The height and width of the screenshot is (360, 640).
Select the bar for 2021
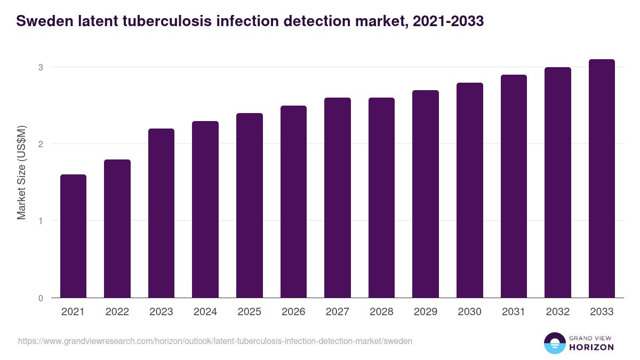coord(73,236)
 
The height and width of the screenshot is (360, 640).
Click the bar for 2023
coord(161,213)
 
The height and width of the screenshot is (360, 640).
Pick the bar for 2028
coord(381,198)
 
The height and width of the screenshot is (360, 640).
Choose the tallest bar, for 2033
coord(602,179)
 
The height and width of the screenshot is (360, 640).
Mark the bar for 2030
coord(469,190)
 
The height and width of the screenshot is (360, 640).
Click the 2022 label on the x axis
coord(117,312)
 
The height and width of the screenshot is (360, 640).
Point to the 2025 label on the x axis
coord(249,312)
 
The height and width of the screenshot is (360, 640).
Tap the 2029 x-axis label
coord(426,312)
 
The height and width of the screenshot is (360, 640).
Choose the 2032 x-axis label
coord(557,312)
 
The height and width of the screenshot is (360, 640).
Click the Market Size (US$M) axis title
coord(21,172)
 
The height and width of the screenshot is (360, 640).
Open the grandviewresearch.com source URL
coord(215,341)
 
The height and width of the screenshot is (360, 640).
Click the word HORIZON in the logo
coord(591,347)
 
